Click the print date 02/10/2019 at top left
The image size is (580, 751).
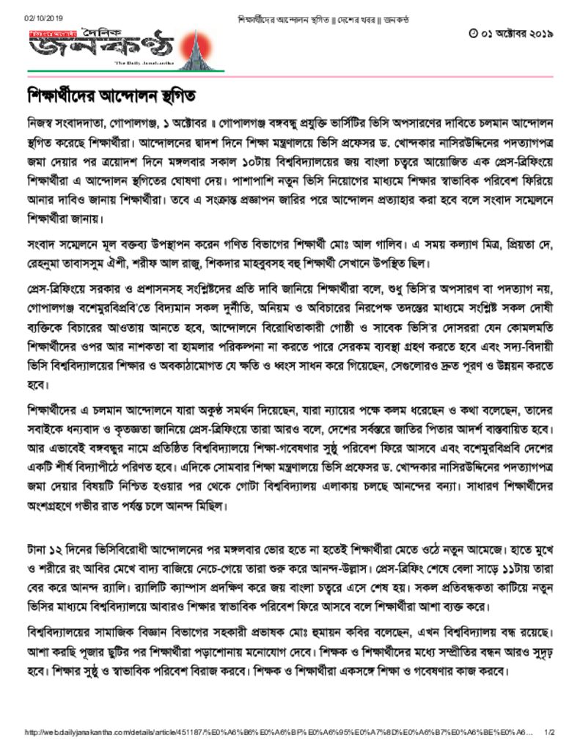[x=45, y=17]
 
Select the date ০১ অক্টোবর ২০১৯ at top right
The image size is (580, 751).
[x=515, y=34]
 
